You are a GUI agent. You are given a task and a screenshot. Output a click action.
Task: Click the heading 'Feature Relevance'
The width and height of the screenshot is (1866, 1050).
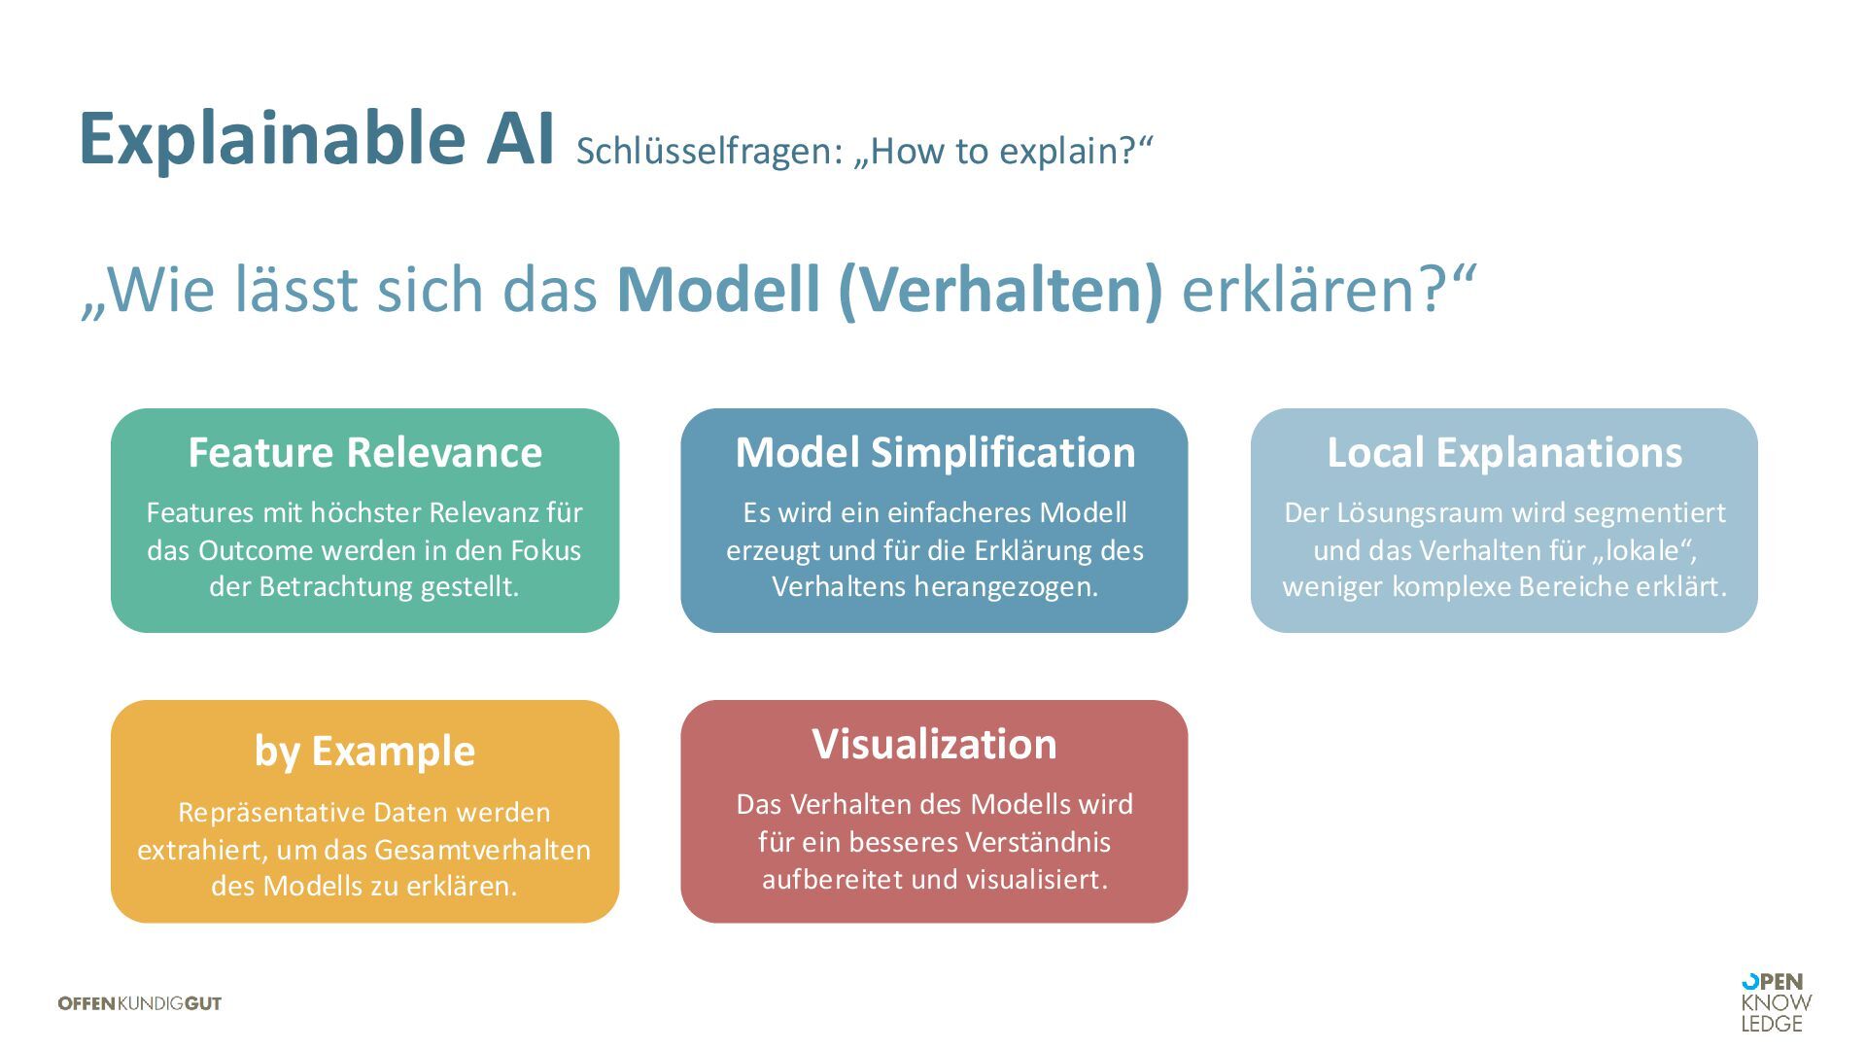[364, 453]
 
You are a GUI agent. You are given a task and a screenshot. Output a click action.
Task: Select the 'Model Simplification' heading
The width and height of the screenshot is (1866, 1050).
[935, 453]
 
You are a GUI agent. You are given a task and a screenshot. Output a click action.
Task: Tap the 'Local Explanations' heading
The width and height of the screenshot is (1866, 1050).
[1504, 453]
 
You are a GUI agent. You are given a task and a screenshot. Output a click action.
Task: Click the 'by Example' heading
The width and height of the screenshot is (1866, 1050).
[364, 752]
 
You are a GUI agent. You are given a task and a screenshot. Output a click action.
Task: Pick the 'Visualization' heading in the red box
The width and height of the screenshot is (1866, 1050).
[934, 745]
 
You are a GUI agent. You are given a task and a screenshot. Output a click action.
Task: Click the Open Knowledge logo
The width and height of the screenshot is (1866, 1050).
[1776, 1002]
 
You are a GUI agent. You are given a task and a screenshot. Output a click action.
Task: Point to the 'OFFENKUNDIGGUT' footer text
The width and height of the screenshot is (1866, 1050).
[140, 1003]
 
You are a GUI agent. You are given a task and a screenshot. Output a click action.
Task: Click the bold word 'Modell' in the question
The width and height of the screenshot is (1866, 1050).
[718, 290]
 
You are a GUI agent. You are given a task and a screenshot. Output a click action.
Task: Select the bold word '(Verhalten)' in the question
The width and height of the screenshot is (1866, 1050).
[1000, 290]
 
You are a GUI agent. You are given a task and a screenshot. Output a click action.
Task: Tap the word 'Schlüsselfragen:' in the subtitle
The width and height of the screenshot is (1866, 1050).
[708, 152]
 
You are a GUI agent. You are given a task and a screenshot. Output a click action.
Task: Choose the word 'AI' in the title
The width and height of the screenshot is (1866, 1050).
[520, 139]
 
